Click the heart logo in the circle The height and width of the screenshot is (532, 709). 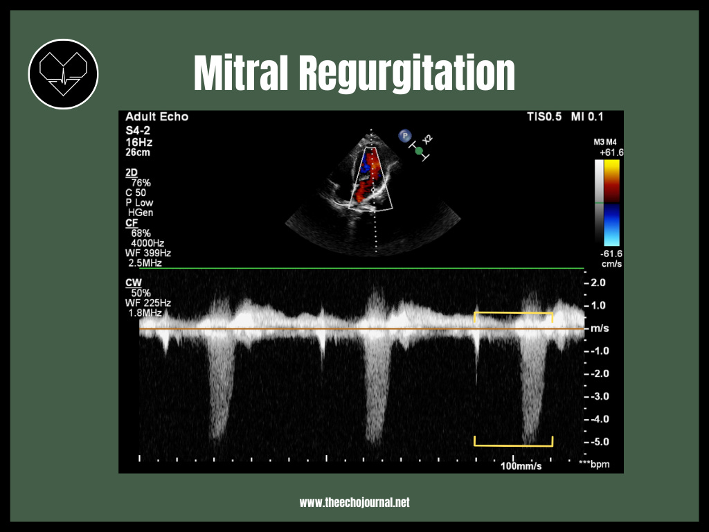(63, 73)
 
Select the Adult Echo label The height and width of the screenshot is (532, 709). (156, 117)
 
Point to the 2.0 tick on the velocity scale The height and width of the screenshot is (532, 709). (598, 283)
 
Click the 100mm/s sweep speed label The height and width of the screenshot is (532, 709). (521, 466)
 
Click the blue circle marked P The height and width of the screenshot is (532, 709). (404, 136)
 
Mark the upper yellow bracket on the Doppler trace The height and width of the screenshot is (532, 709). (513, 314)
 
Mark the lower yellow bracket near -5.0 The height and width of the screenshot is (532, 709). (513, 443)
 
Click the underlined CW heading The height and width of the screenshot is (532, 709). (133, 283)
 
